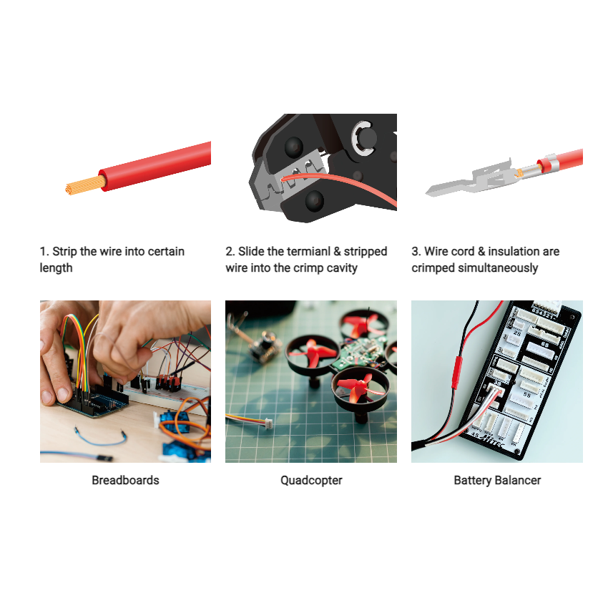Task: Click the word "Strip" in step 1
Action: [x=65, y=252]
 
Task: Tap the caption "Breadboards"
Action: [x=125, y=480]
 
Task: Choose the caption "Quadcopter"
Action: [x=311, y=480]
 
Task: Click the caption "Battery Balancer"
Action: [x=497, y=480]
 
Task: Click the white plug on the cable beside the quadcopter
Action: [x=264, y=423]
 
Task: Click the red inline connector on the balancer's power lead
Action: [x=458, y=372]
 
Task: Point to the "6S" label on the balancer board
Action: [x=545, y=344]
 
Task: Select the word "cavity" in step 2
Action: [x=341, y=268]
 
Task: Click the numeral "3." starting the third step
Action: [x=416, y=252]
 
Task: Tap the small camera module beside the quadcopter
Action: [x=261, y=348]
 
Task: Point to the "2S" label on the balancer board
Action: [x=517, y=333]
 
